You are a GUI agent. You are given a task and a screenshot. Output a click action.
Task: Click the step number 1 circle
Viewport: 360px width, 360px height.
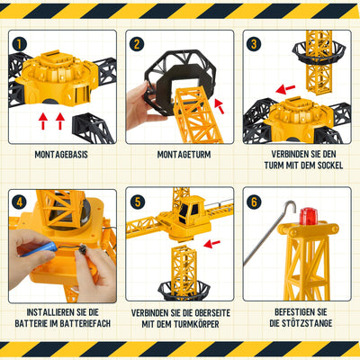tap(21, 44)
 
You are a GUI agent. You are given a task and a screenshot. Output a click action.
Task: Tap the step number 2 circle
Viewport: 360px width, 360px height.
tap(137, 44)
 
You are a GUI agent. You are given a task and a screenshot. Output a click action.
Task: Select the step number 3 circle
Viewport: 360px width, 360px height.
tap(255, 44)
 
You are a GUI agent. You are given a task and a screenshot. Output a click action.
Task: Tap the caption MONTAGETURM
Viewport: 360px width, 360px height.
tap(179, 156)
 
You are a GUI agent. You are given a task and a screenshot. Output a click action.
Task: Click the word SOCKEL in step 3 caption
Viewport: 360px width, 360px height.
tap(319, 168)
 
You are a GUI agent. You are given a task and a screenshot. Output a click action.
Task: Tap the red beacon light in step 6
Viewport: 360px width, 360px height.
tap(308, 216)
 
